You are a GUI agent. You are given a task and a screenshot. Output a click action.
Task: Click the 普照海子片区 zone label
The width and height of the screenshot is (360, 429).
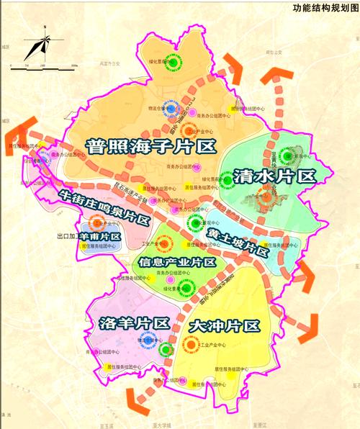(151, 146)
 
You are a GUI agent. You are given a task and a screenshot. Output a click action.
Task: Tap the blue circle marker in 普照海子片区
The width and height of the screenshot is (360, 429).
(173, 108)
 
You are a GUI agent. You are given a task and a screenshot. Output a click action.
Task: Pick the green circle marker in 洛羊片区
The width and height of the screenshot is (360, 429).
(166, 350)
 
